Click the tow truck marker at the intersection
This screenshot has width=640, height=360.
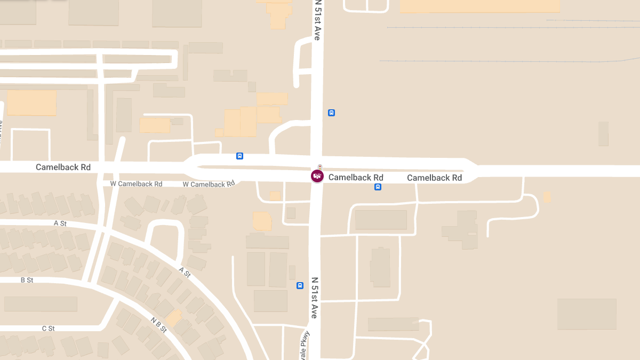click(x=317, y=176)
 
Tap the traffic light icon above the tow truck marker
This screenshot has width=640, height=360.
click(x=319, y=167)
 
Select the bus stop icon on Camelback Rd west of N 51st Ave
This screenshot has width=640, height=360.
click(x=239, y=156)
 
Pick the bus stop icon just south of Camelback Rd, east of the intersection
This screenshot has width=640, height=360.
click(x=378, y=187)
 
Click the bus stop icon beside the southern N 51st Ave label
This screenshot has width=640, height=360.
click(x=300, y=285)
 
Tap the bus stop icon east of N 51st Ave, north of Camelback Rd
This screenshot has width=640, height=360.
click(x=331, y=113)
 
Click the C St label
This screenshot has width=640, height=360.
click(x=49, y=329)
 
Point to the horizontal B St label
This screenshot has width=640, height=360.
click(x=27, y=280)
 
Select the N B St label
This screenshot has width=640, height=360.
click(x=158, y=325)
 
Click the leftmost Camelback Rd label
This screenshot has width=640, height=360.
click(x=63, y=167)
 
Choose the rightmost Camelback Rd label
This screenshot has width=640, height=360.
click(x=434, y=178)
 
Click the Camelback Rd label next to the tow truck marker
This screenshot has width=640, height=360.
click(x=356, y=178)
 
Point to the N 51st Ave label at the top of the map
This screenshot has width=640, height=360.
click(x=318, y=20)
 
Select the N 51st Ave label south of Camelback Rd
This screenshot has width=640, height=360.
click(x=315, y=298)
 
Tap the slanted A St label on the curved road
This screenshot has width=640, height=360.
click(x=185, y=272)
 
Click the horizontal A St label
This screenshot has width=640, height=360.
click(x=60, y=223)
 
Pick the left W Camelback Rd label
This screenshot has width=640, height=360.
click(x=136, y=184)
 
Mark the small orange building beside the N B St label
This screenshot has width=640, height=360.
click(x=174, y=317)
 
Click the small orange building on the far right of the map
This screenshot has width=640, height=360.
click(x=547, y=197)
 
